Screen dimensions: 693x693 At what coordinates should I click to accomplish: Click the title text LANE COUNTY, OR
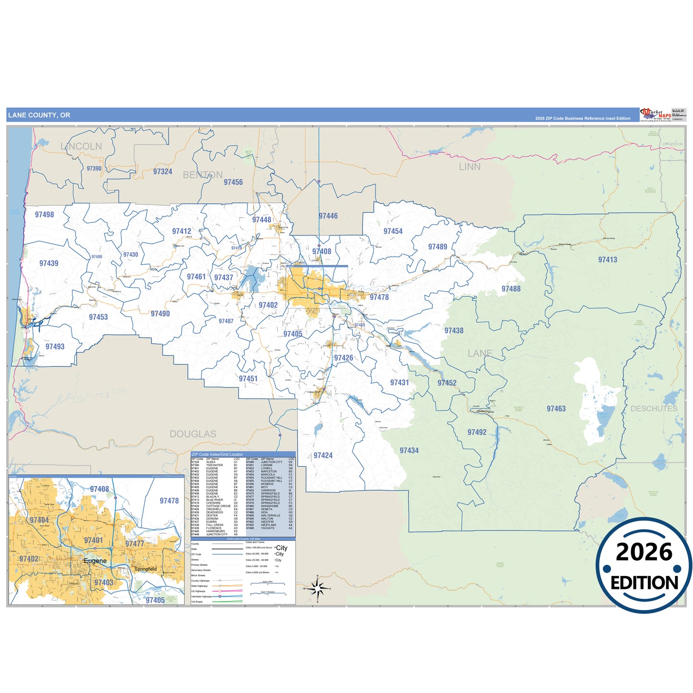click(39, 115)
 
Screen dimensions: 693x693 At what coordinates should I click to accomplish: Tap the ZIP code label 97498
click(44, 214)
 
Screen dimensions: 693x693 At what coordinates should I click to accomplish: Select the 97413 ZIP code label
click(607, 259)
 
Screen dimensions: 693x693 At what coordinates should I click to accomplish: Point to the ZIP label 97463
click(556, 409)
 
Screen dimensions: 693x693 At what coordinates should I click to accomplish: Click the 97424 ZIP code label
click(323, 455)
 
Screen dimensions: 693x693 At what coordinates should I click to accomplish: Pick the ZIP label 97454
click(393, 231)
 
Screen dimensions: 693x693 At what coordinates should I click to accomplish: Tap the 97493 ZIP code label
click(55, 346)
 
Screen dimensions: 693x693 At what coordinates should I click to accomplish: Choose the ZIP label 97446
click(328, 216)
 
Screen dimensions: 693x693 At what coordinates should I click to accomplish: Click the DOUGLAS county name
click(193, 434)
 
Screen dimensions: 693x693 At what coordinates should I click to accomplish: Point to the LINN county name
click(470, 167)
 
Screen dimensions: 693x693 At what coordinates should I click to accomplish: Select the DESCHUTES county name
click(654, 409)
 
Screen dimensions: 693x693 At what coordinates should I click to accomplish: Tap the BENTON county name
click(202, 175)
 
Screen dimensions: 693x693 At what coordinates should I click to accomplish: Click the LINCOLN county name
click(82, 146)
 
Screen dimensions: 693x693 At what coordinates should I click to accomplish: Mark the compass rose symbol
click(317, 588)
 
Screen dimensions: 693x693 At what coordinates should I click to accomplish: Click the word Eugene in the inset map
click(95, 561)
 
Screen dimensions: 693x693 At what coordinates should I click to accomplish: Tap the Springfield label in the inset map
click(145, 569)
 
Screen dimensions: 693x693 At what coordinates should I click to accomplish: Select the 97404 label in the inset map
click(39, 520)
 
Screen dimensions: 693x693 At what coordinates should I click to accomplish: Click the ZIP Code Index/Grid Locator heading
click(217, 454)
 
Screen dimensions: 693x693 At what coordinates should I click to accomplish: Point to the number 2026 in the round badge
click(644, 552)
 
